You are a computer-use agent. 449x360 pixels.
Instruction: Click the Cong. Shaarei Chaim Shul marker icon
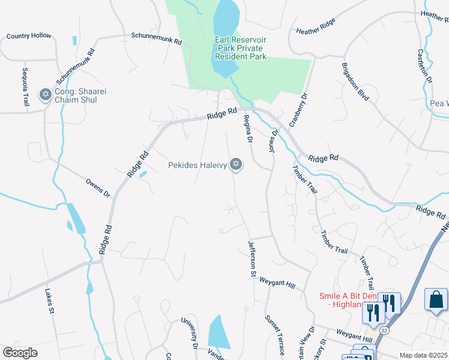tap(45, 94)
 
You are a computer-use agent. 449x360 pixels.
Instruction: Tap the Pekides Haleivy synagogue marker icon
tap(236, 164)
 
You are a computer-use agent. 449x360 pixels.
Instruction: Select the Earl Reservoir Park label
tap(240, 48)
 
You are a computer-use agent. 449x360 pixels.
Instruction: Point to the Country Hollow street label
tap(29, 36)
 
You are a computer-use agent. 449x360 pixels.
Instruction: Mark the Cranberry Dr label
tap(298, 110)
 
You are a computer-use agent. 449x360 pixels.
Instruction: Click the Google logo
tap(20, 353)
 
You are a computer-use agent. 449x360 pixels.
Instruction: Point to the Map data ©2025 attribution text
tap(423, 355)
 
